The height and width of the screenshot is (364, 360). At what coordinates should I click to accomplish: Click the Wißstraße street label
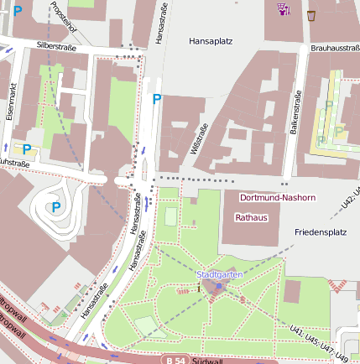point(201,136)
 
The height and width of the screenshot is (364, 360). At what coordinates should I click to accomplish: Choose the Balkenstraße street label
point(295,109)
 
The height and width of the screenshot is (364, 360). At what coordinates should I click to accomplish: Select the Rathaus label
point(250,217)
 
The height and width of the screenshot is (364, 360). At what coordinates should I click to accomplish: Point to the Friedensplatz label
point(321,231)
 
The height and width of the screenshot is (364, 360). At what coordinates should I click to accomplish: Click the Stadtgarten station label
point(219,274)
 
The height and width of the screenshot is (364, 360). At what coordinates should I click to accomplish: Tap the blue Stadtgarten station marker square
point(219,286)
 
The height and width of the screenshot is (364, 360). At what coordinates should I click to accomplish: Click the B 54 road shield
point(175,360)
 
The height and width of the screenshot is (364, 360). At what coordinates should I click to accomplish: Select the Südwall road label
point(207,360)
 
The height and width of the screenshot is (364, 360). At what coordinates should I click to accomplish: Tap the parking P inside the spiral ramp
point(55,207)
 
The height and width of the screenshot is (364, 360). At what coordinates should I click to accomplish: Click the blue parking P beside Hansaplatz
point(156,99)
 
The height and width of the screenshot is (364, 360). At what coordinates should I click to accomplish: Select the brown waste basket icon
point(311,14)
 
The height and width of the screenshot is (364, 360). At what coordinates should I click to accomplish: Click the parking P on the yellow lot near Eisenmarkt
point(26,149)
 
